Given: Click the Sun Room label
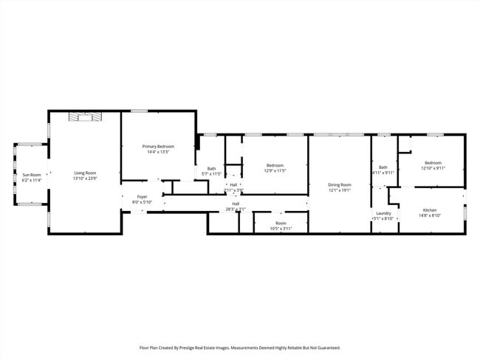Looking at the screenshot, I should (x=31, y=174).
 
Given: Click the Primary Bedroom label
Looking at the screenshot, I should (x=159, y=147).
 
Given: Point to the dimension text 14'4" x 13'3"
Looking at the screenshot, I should (x=159, y=152).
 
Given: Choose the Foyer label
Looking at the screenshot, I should (x=141, y=197).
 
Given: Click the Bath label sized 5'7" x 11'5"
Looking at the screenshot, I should (x=211, y=168).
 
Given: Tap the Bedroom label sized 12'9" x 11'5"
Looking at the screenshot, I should (x=275, y=165).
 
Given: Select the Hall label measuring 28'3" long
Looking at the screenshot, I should (x=236, y=204).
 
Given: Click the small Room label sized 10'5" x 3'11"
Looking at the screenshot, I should (x=281, y=223).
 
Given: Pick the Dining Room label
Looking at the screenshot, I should (x=340, y=184).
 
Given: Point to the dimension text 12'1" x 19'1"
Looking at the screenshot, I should (x=340, y=190).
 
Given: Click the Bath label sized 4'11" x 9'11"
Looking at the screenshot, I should (x=383, y=167).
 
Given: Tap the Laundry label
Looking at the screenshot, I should (x=383, y=213).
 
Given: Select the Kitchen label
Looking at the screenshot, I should (x=430, y=210).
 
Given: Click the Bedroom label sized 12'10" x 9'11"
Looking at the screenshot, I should (x=432, y=162).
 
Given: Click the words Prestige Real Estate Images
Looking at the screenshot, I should (x=214, y=347).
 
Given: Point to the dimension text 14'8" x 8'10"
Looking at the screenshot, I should (x=430, y=215).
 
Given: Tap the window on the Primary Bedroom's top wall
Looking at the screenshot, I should (x=139, y=111).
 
